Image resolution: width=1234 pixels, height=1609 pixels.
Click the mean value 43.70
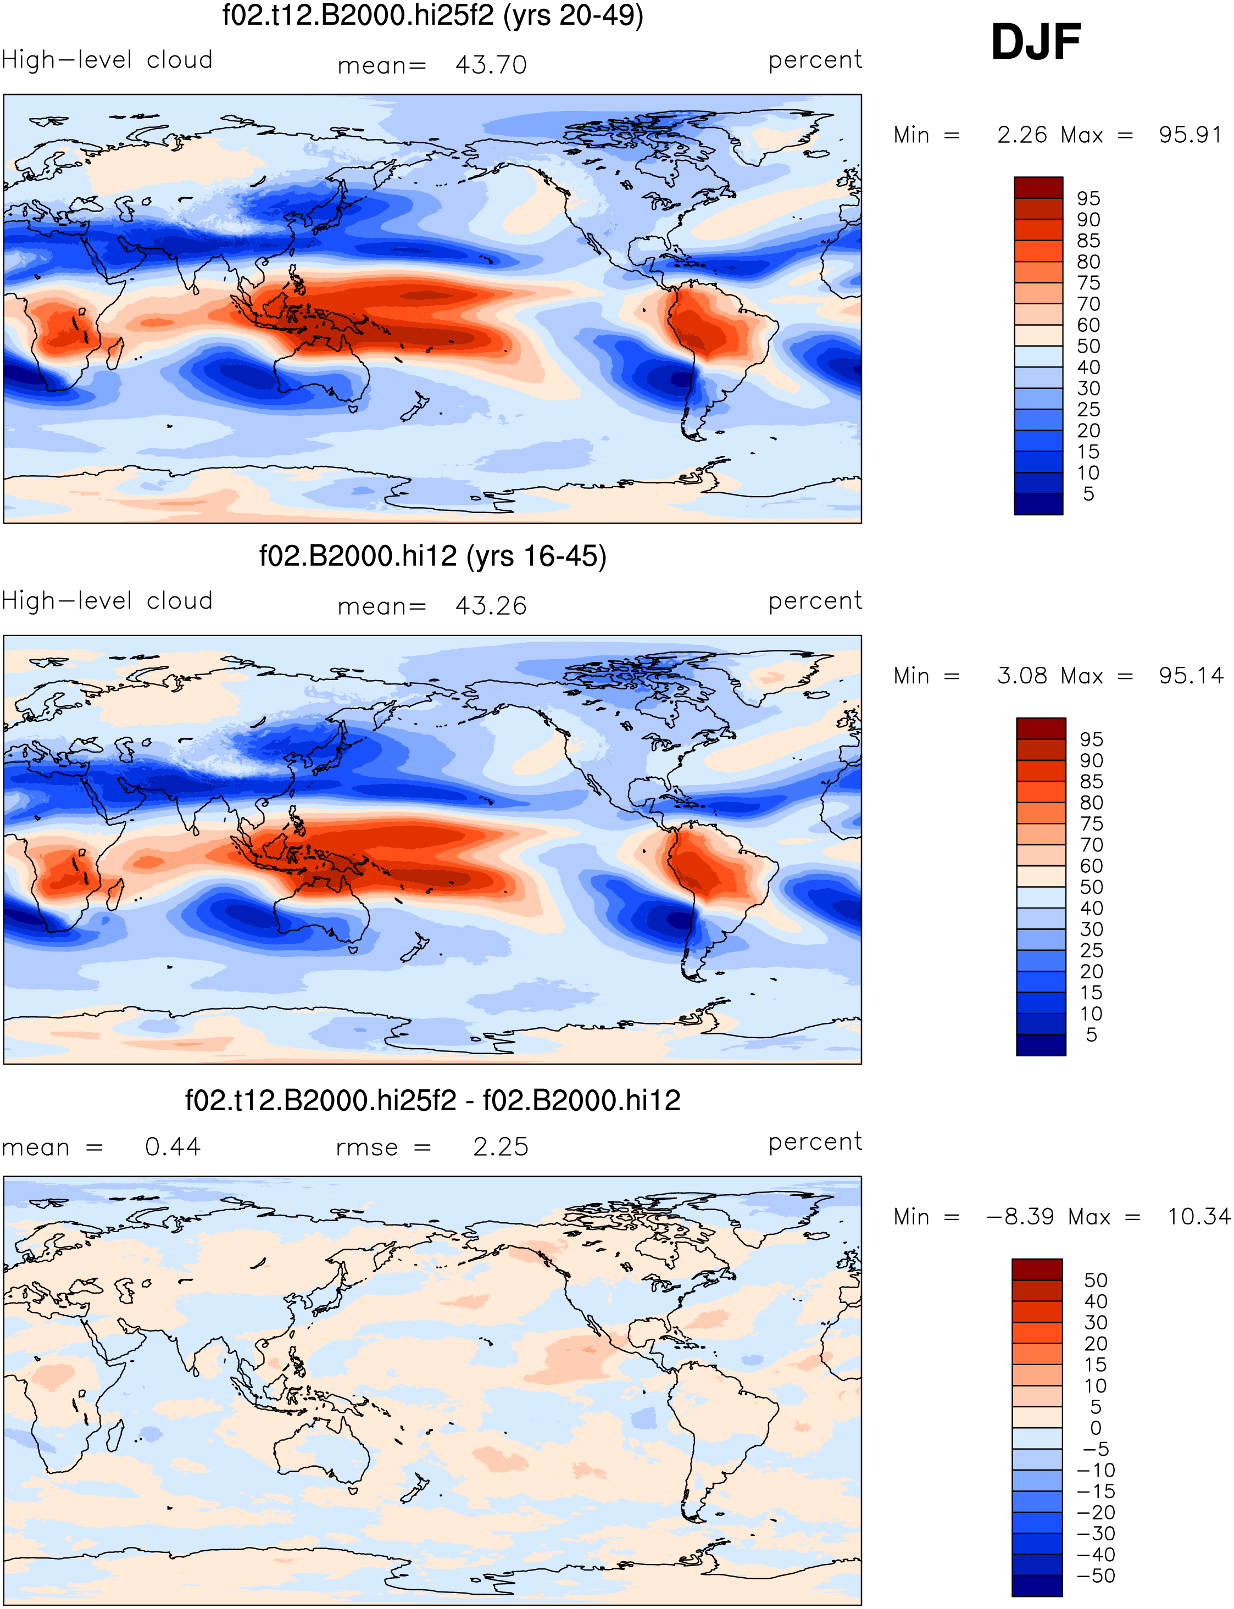(491, 65)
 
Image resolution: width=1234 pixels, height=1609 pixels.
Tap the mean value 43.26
(491, 606)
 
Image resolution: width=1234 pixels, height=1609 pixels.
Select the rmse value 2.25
(500, 1146)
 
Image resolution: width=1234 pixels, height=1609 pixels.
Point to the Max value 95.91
(1190, 135)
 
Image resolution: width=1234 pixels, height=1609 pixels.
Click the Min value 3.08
(1022, 676)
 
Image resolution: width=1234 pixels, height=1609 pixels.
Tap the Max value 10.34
(1199, 1217)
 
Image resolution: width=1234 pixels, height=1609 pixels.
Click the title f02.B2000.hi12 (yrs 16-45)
(432, 556)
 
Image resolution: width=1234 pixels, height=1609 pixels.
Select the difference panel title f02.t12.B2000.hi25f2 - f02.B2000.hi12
(432, 1100)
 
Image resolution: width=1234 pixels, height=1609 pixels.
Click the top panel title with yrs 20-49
(432, 15)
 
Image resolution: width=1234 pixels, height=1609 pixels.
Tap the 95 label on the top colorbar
(1088, 198)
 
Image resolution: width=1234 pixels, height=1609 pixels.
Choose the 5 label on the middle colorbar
(1092, 1035)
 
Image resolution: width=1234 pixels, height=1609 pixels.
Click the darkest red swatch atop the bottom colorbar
(1037, 1269)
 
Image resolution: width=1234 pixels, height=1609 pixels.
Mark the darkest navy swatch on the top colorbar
(1038, 504)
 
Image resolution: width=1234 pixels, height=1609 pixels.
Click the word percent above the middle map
(815, 602)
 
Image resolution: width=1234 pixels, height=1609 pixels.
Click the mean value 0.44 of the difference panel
(173, 1146)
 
